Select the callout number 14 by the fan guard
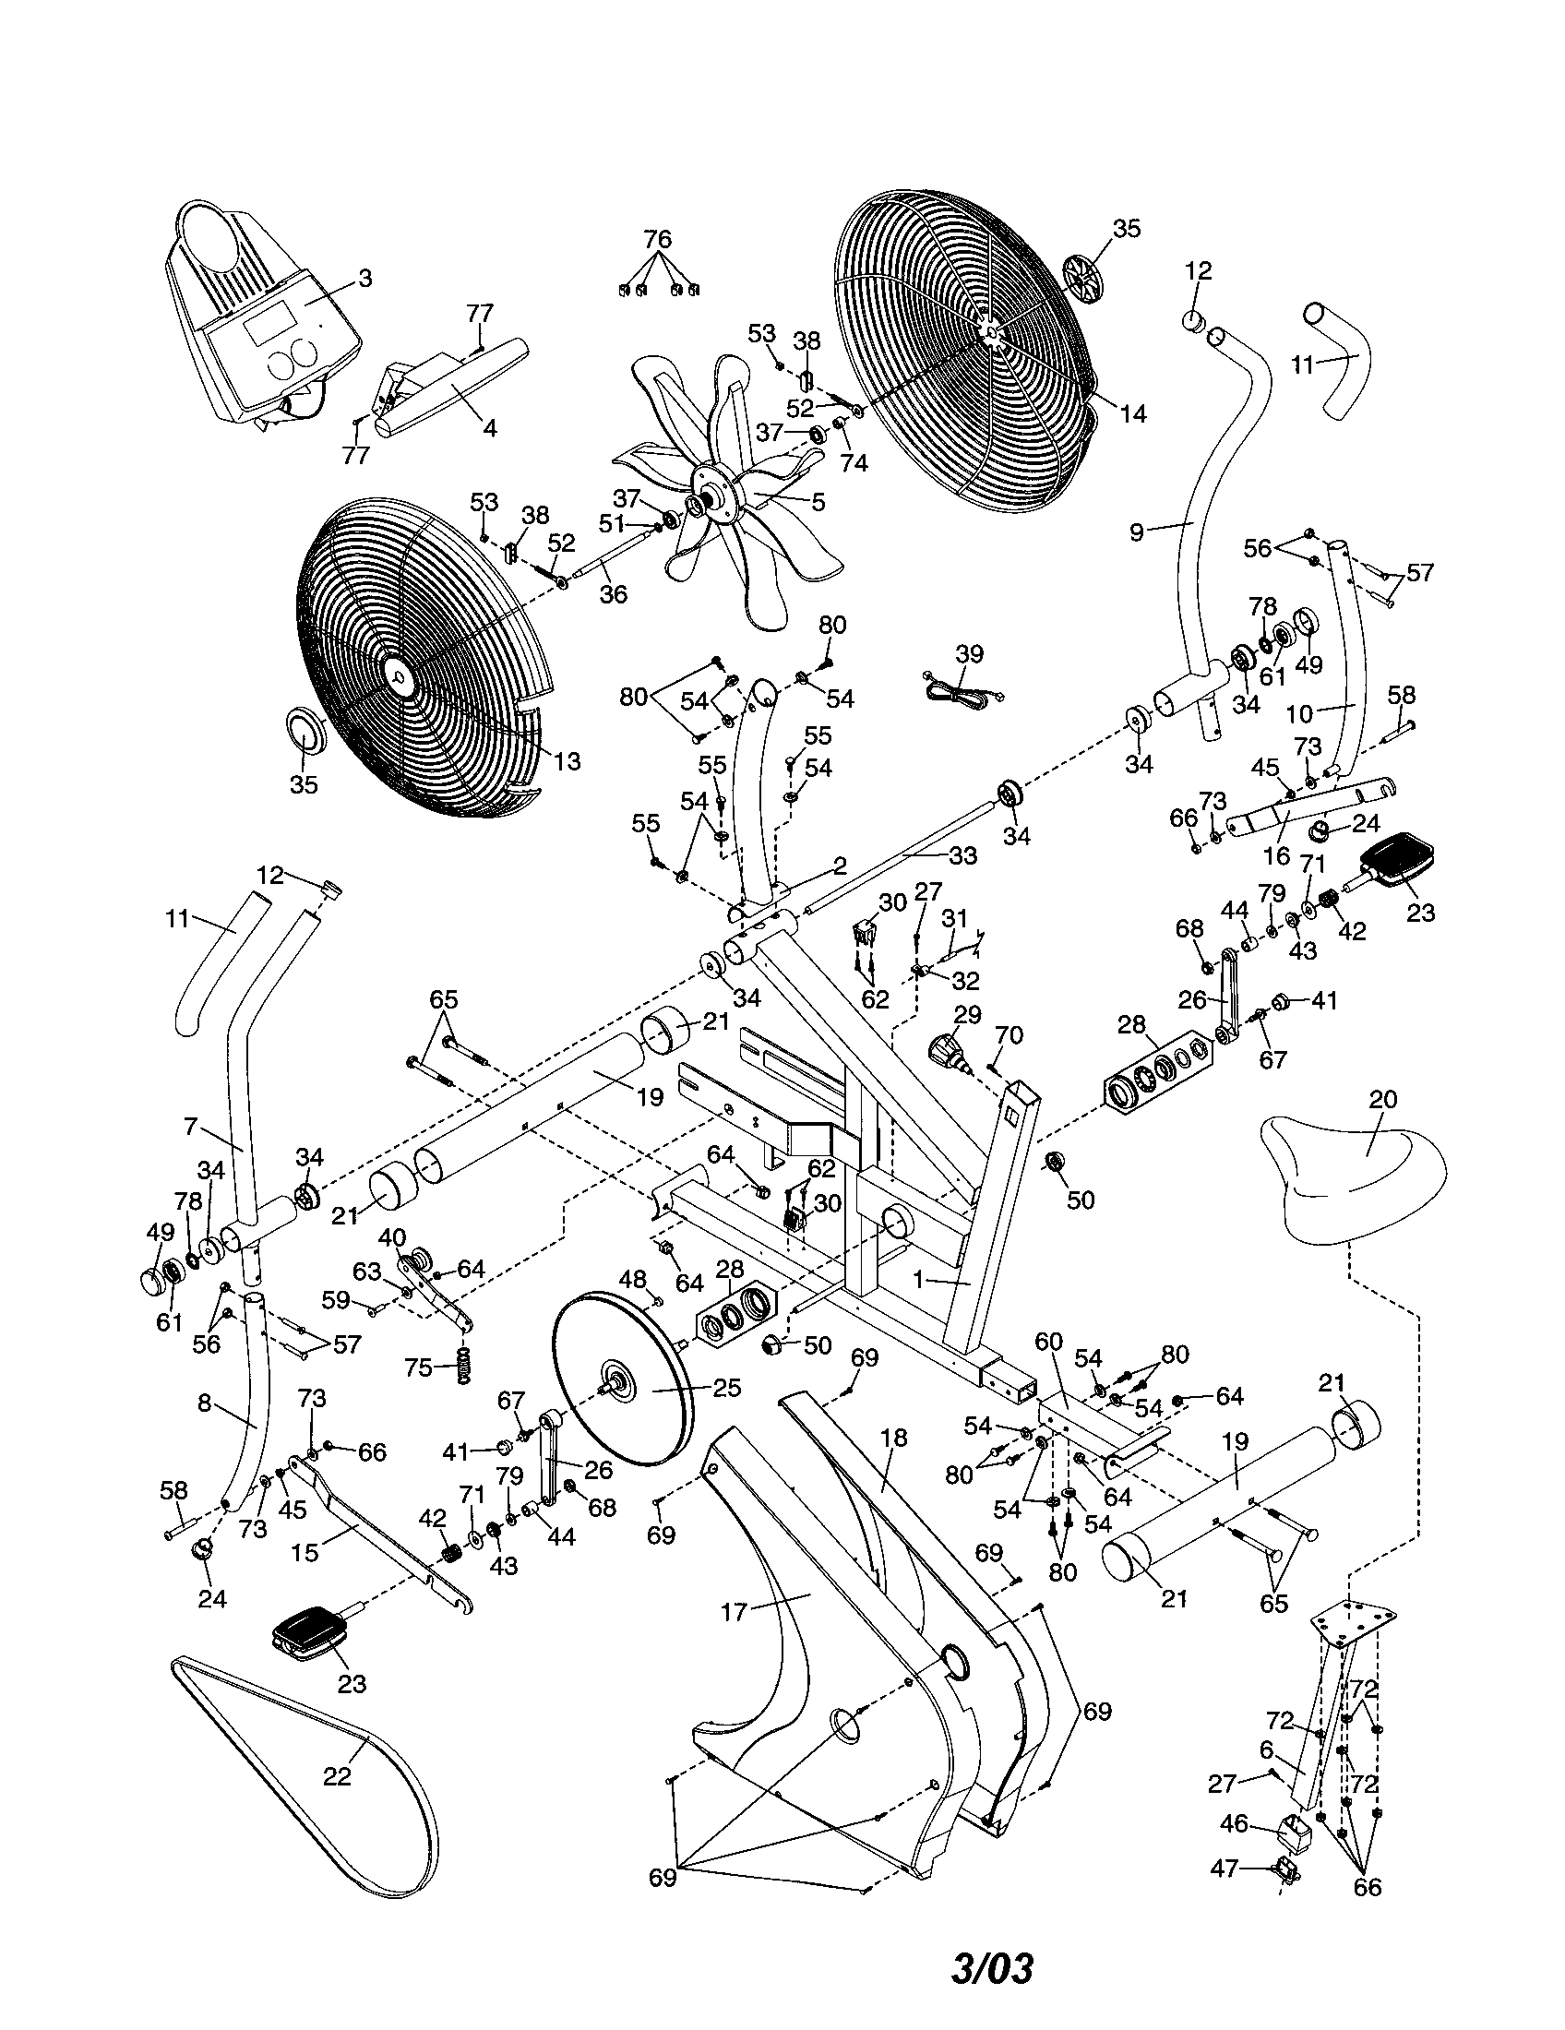(1133, 413)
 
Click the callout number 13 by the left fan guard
(567, 761)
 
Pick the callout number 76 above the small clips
(657, 239)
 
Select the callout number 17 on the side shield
(734, 1611)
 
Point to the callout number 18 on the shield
(893, 1437)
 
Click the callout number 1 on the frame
(919, 1280)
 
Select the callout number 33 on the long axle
(963, 855)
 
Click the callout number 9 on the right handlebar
(1137, 531)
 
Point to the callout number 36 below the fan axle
(614, 594)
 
